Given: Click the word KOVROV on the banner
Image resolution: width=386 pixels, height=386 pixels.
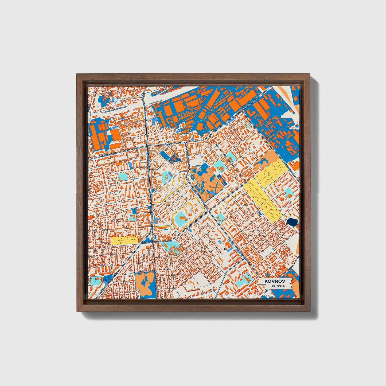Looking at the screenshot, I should tap(274, 281).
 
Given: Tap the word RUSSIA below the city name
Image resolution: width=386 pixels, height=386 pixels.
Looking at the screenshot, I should tap(278, 286).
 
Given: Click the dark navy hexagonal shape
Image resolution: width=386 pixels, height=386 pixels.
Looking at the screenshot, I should tap(292, 222).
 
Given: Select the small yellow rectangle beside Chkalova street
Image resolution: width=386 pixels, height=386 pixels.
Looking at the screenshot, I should tap(124, 240).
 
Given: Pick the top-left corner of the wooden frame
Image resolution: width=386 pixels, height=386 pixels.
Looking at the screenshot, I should tap(77, 75).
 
